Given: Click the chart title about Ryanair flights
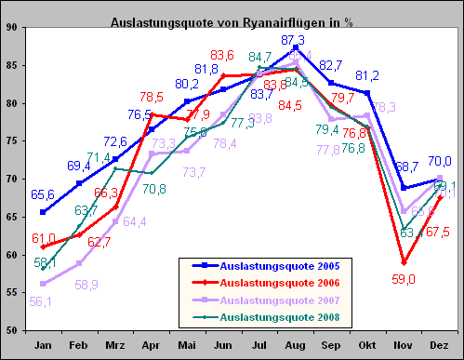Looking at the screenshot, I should click(x=232, y=21).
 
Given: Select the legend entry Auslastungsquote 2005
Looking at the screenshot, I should click(x=276, y=267).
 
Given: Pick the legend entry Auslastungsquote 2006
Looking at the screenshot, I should click(x=276, y=284).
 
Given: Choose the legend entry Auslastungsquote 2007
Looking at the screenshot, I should click(x=276, y=300).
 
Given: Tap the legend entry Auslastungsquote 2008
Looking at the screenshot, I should click(x=276, y=317).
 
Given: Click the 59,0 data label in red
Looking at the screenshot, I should click(x=404, y=277).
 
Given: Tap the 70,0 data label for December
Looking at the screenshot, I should click(x=440, y=161).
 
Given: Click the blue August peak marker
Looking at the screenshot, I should click(x=295, y=47).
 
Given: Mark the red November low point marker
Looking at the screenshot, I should click(x=403, y=262).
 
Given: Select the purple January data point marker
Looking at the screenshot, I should click(x=43, y=284).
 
